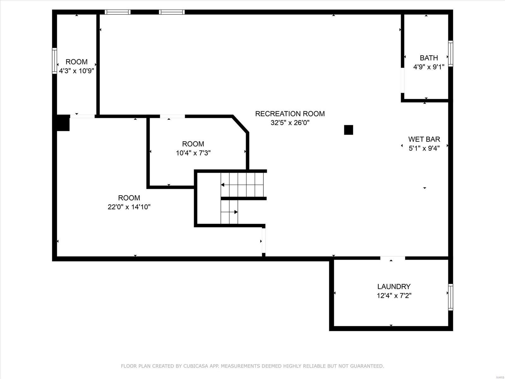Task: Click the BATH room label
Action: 429,58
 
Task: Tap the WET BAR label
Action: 424,139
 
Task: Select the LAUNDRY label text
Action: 394,286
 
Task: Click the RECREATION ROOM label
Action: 290,114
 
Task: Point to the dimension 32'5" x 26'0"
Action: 290,123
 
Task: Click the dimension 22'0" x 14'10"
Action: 129,207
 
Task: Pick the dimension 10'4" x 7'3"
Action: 193,153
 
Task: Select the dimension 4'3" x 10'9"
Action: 77,71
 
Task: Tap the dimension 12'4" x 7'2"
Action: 394,296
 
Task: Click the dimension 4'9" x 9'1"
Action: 429,67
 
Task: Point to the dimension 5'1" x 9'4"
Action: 424,148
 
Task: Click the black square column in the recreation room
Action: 349,130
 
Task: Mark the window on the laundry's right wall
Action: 451,297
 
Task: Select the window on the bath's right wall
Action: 451,54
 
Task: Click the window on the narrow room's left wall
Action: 55,61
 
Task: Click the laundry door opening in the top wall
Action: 393,258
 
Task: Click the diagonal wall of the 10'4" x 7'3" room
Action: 240,124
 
